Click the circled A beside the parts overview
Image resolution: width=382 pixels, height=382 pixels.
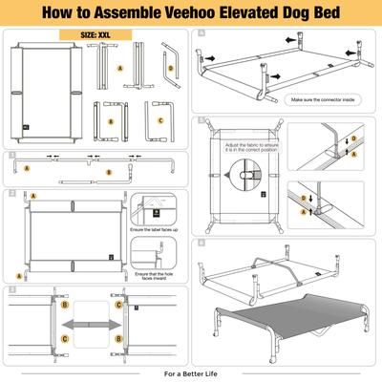point(119,70)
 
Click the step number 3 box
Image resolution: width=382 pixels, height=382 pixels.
point(10,288)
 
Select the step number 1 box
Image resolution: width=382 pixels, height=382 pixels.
point(10,153)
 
